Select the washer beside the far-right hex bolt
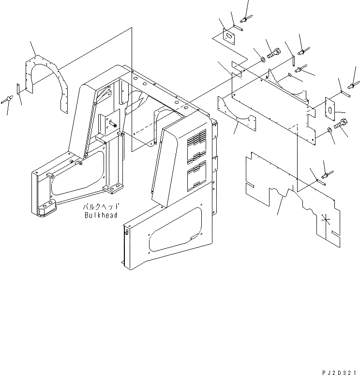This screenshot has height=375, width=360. [x=330, y=129]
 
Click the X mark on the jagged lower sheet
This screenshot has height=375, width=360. [x=327, y=220]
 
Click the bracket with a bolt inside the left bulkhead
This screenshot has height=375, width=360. [x=109, y=124]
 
